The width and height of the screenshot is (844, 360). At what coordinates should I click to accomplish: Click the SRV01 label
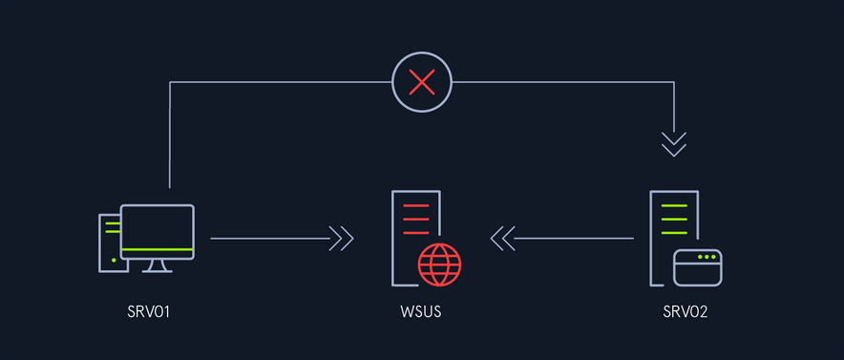pyautogui.click(x=149, y=311)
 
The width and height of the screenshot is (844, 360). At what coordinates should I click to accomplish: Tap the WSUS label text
pyautogui.click(x=421, y=311)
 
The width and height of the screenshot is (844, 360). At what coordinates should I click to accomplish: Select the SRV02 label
pyautogui.click(x=686, y=311)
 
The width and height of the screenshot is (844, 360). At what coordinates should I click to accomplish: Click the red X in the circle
pyautogui.click(x=422, y=82)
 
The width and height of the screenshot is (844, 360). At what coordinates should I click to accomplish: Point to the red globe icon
pyautogui.click(x=440, y=265)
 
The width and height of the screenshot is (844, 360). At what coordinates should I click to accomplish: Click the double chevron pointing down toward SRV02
pyautogui.click(x=674, y=144)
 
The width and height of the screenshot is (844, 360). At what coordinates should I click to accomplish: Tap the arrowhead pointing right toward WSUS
pyautogui.click(x=341, y=239)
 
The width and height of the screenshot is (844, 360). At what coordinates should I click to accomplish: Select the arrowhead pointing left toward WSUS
pyautogui.click(x=503, y=239)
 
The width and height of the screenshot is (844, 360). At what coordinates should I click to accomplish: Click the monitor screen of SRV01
pyautogui.click(x=158, y=232)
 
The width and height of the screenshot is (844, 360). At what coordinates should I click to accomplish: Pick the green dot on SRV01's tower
pyautogui.click(x=114, y=260)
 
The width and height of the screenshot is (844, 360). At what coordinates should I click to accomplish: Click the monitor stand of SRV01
pyautogui.click(x=158, y=266)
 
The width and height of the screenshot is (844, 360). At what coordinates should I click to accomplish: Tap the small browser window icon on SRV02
pyautogui.click(x=698, y=267)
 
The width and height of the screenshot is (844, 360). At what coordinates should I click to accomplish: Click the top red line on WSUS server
pyautogui.click(x=415, y=205)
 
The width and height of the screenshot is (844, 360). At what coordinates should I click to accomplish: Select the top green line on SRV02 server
pyautogui.click(x=674, y=205)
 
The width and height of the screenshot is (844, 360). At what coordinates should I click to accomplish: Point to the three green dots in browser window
pyautogui.click(x=707, y=257)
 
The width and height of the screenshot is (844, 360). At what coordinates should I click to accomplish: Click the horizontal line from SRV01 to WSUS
pyautogui.click(x=269, y=239)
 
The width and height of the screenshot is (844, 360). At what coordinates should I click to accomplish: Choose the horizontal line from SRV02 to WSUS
pyautogui.click(x=574, y=239)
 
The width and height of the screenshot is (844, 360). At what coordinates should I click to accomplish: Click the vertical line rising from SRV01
pyautogui.click(x=170, y=135)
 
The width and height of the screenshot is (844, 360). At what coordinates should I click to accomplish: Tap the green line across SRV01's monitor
pyautogui.click(x=158, y=249)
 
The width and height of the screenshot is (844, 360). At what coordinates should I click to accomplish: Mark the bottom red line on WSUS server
pyautogui.click(x=415, y=233)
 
